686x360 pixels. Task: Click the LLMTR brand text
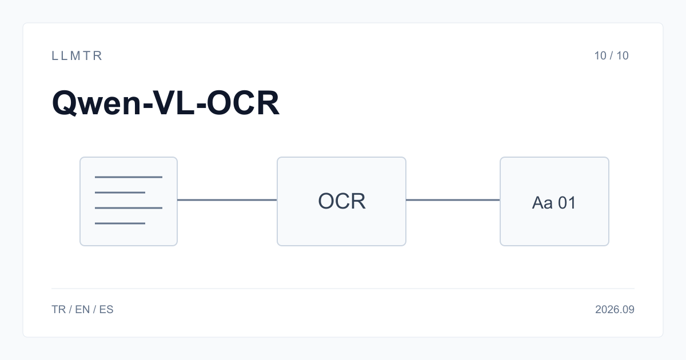(x=77, y=56)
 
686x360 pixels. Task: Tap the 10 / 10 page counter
(x=611, y=56)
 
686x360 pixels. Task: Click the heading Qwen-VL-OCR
(x=166, y=103)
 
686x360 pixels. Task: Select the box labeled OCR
(x=341, y=201)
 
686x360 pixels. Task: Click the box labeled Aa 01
(x=555, y=201)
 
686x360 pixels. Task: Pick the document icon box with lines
(x=129, y=201)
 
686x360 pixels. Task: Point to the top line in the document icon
(x=129, y=177)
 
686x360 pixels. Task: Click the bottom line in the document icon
(x=120, y=223)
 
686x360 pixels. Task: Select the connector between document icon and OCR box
(x=228, y=200)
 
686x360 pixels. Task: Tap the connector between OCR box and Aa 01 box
(x=453, y=200)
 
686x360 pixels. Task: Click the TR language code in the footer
(x=58, y=310)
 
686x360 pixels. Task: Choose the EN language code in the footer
(x=82, y=310)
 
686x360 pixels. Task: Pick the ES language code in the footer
(x=106, y=310)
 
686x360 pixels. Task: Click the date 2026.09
(x=615, y=310)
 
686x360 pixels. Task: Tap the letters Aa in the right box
(x=542, y=203)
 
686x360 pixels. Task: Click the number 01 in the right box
(x=567, y=203)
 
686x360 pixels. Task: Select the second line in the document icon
(x=120, y=193)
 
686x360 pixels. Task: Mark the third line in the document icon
(x=129, y=208)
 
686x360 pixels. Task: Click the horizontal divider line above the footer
(x=343, y=289)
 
